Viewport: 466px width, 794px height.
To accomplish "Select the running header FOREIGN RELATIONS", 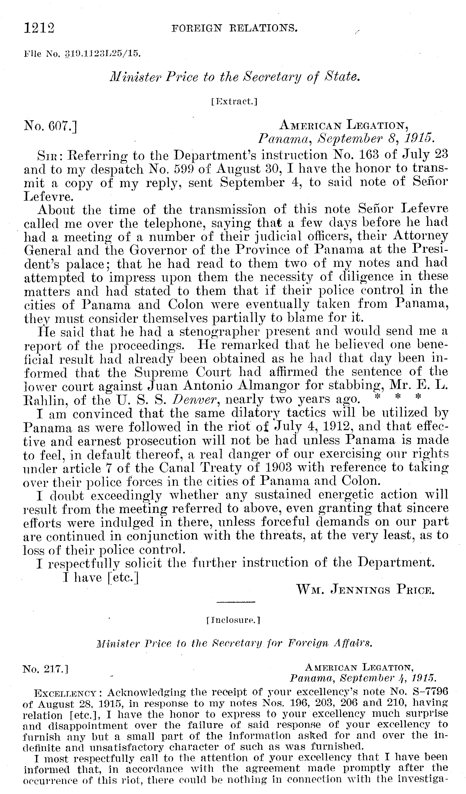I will tap(234, 29).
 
